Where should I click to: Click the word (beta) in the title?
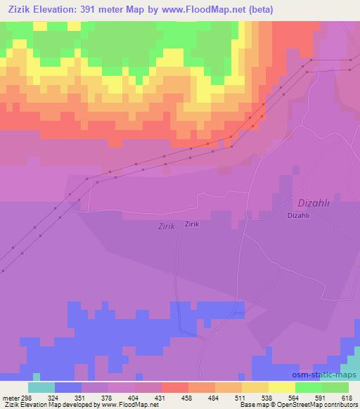click(259, 9)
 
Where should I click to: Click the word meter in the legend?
click(11, 397)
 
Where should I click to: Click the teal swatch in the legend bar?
click(41, 387)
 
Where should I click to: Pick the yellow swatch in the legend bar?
click(282, 387)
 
